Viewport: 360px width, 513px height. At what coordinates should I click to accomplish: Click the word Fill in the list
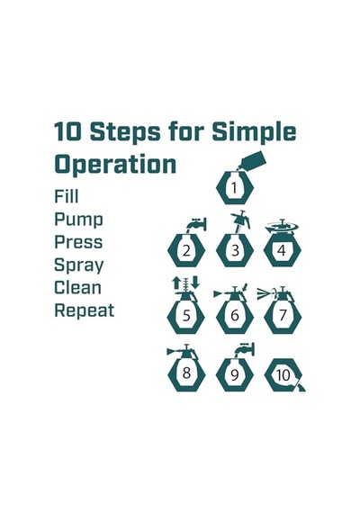click(67, 196)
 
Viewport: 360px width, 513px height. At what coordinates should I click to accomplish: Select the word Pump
click(78, 220)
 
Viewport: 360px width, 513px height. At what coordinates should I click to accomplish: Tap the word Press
click(78, 242)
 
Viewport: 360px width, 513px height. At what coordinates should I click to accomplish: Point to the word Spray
click(79, 265)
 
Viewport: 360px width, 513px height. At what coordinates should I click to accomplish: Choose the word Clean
click(77, 288)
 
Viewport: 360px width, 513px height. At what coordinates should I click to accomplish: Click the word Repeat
click(85, 310)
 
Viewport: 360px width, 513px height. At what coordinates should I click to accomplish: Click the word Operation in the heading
click(115, 165)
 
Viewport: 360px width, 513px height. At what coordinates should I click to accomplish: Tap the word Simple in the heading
click(254, 132)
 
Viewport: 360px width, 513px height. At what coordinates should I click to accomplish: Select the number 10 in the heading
click(67, 131)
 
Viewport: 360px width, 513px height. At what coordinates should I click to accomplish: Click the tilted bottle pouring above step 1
click(253, 160)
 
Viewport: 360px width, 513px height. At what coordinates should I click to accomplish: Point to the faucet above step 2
click(198, 224)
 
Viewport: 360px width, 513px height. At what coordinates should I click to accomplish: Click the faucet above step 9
click(246, 349)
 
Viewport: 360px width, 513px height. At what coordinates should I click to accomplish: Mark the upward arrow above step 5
click(176, 283)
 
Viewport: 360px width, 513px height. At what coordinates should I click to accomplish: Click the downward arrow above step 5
click(195, 283)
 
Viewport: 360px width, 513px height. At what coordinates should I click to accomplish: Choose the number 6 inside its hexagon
click(235, 315)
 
